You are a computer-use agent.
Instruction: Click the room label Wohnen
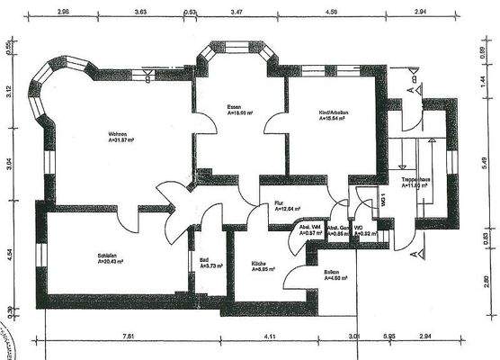point(119,132)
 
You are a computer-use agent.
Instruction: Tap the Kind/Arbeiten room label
point(334,112)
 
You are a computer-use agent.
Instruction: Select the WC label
point(358,228)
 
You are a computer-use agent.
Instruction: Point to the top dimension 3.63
point(140,13)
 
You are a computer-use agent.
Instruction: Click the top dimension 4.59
point(331,13)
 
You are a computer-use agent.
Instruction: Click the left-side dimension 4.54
point(9,253)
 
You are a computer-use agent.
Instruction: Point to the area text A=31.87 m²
point(121,140)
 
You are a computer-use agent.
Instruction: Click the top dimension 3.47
point(235,13)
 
